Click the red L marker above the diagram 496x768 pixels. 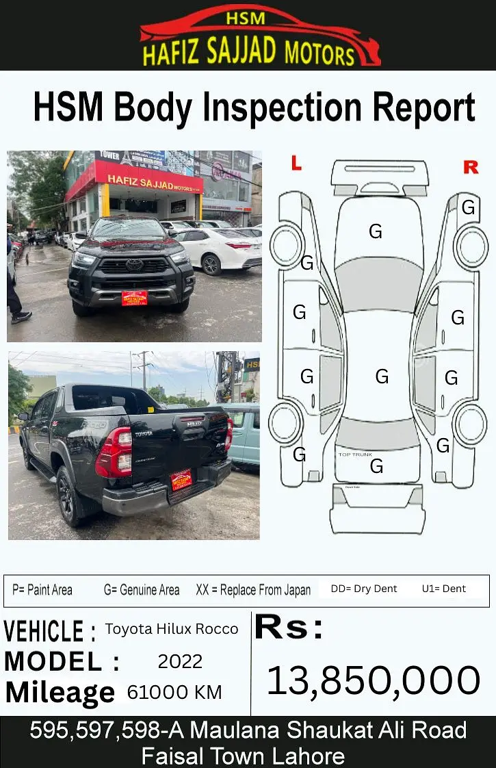pos(296,163)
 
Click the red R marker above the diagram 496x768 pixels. pos(471,167)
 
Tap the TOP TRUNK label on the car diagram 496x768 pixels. pos(355,455)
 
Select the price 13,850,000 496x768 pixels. pos(373,681)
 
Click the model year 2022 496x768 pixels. pos(180,661)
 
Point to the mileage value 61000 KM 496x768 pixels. pos(174,693)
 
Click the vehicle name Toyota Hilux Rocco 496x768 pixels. pos(172,629)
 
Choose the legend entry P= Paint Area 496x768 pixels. pos(42,589)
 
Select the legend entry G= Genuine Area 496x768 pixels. pos(142,589)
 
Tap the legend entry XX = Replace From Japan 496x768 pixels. pos(253,589)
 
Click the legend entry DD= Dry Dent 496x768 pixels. pos(364,589)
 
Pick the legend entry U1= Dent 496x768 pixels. pos(444,589)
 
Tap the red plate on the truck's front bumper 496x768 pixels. pos(134,298)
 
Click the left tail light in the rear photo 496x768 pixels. pos(114,452)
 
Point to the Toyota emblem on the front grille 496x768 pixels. pos(135,265)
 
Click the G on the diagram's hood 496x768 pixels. pos(376,232)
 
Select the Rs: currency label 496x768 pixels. pos(289,628)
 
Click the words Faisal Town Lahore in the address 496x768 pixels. pos(243,756)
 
